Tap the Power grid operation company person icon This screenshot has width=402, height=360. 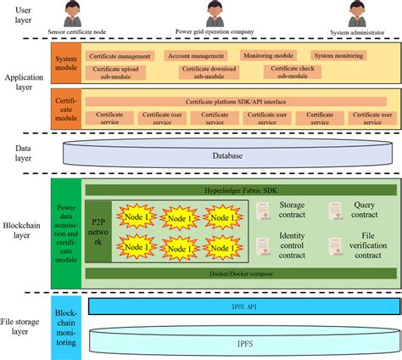click(215, 15)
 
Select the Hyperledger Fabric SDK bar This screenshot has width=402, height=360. click(240, 190)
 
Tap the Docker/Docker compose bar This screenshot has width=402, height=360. click(240, 273)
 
